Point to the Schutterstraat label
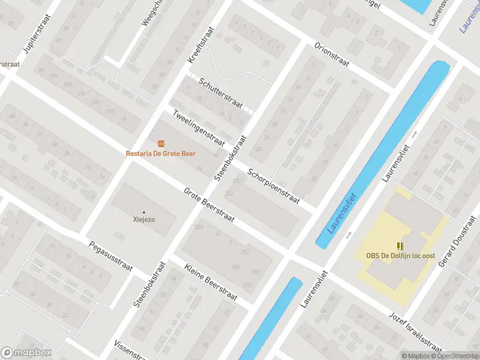[x=221, y=93]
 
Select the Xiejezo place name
[x=143, y=220]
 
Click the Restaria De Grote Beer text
[x=160, y=154]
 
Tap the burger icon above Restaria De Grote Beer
[x=160, y=143]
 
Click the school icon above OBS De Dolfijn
[x=400, y=245]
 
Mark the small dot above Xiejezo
[x=143, y=212]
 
